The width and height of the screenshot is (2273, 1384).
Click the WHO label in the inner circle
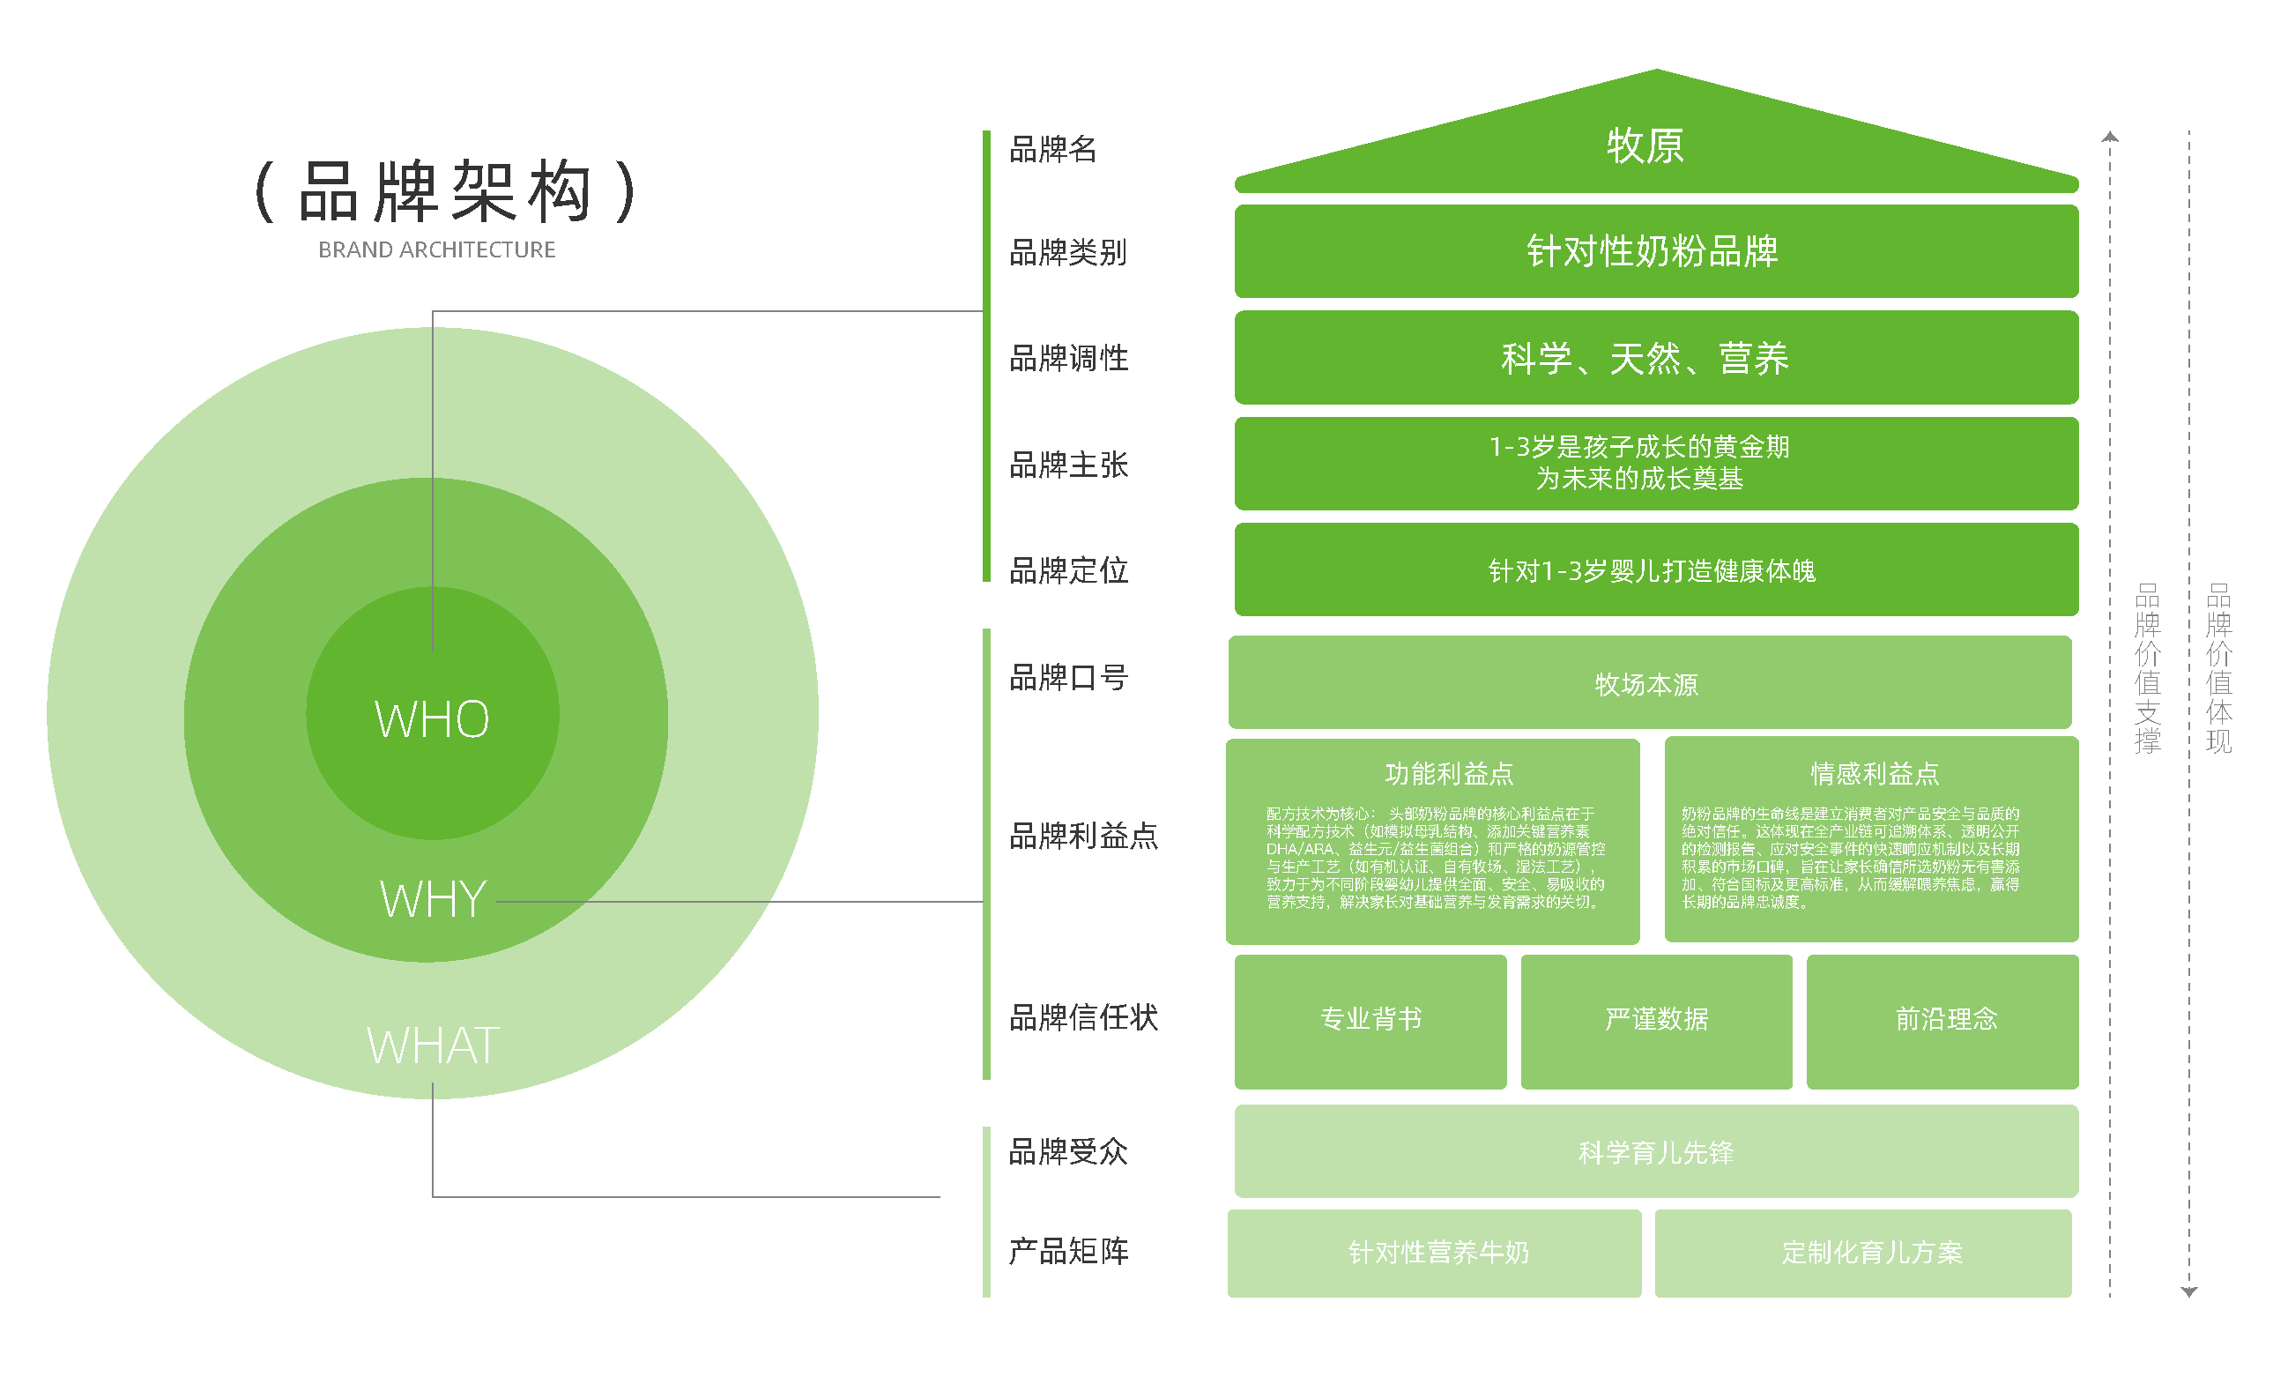tap(432, 719)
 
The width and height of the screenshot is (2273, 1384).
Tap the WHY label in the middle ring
tap(433, 899)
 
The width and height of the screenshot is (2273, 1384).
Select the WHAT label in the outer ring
tap(433, 1045)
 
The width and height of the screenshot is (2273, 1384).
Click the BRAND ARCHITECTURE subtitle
tap(436, 250)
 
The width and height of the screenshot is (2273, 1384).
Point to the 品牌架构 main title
tap(446, 192)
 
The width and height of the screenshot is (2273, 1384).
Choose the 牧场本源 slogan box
tap(1648, 684)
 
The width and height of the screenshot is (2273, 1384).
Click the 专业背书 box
tap(1370, 1021)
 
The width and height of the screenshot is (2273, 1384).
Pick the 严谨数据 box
tap(1656, 1021)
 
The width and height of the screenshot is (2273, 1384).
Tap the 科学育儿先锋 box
tap(1655, 1152)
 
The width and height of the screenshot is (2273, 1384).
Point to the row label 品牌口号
tap(1068, 678)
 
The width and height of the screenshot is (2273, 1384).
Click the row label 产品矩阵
tap(1068, 1252)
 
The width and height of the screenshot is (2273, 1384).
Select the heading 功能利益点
tap(1449, 774)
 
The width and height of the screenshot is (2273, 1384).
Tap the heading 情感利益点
tap(1875, 774)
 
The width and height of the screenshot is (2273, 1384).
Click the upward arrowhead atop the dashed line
tap(2110, 138)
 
